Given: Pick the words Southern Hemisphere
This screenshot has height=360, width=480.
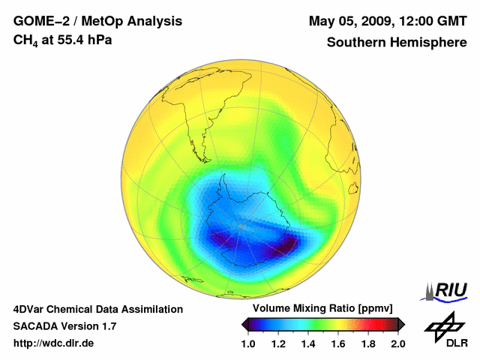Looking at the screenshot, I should [396, 42].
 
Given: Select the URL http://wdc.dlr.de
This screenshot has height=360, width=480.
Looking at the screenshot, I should [54, 343].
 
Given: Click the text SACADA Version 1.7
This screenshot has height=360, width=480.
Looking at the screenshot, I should [64, 326].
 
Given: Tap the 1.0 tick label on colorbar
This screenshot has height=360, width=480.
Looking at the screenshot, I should [249, 343].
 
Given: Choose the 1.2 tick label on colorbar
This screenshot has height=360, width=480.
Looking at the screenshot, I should [279, 343].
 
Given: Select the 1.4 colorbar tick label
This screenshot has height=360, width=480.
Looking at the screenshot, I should [308, 343].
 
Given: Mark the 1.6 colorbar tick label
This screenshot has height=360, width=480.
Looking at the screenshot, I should [338, 343].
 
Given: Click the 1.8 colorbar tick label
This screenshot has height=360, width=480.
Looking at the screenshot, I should [367, 343].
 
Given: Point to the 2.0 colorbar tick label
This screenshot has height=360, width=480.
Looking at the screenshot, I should [397, 343].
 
